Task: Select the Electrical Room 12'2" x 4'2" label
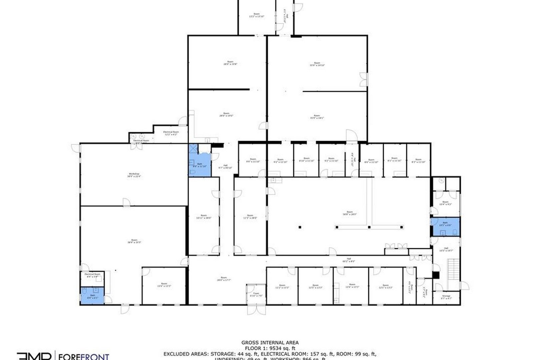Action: pos(171,133)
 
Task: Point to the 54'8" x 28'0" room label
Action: pos(349,213)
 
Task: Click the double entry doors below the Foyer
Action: pos(256,310)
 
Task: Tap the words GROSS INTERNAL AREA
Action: pos(270,342)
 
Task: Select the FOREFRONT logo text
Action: pos(84,357)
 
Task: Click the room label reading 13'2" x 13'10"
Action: pos(257,15)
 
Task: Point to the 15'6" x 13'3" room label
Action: pos(164,285)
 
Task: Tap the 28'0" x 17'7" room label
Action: pos(223,279)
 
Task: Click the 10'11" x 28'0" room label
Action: pos(204,216)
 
